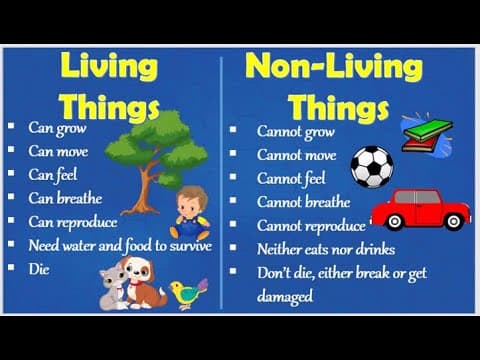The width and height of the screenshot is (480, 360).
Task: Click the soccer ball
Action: click(x=372, y=167)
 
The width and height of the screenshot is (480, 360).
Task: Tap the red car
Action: click(x=420, y=207)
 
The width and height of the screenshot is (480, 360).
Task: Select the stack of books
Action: click(x=426, y=133)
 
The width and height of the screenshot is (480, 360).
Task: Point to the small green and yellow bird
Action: click(x=188, y=293)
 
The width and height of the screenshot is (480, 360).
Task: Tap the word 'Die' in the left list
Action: click(x=39, y=269)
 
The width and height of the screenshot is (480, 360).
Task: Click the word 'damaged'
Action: click(x=285, y=296)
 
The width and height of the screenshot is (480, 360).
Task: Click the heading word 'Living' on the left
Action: click(x=109, y=67)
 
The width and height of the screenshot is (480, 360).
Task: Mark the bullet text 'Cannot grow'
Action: click(x=295, y=131)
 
